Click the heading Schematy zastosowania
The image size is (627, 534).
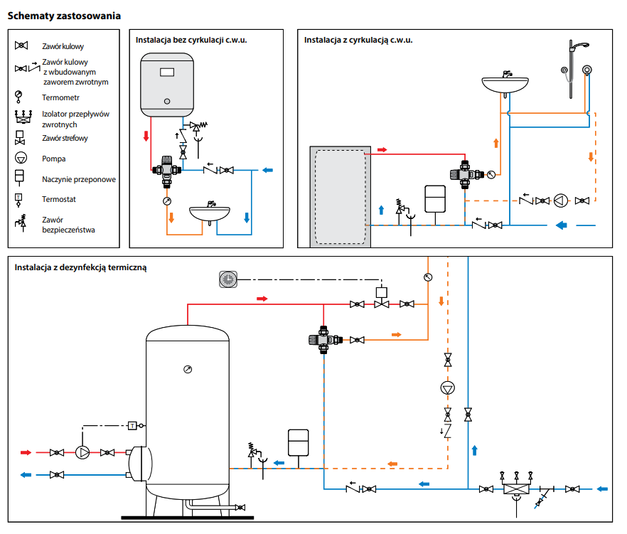64,15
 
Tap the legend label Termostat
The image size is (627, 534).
59,199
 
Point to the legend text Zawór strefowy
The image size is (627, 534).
65,138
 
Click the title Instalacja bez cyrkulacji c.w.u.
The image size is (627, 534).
191,40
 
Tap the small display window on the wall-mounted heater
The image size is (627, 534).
168,72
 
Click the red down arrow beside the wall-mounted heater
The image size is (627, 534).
146,136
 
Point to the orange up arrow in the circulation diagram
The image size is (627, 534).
496,143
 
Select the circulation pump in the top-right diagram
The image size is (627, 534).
562,201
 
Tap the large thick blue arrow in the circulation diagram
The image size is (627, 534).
561,225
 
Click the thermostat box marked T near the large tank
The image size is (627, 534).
132,426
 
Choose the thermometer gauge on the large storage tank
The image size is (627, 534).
187,369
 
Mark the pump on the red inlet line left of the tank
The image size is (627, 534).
84,452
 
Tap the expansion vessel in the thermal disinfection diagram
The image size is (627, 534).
298,442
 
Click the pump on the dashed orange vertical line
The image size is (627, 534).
447,388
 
